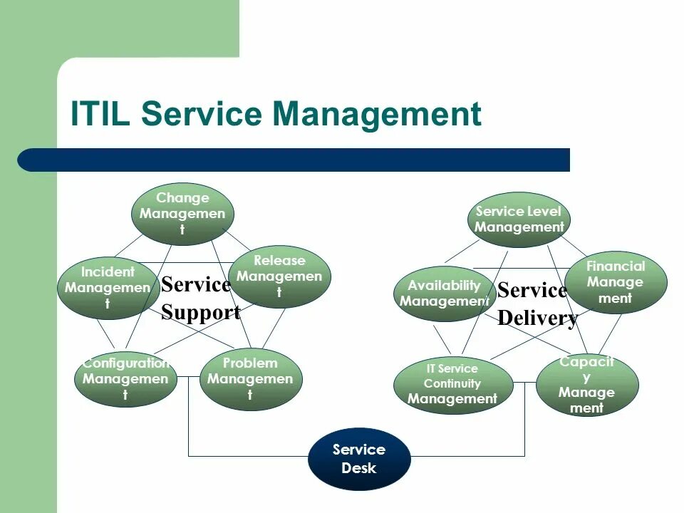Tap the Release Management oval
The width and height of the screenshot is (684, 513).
279,276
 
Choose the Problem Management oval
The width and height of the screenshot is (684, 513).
250,378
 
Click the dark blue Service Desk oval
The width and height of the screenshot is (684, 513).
359,459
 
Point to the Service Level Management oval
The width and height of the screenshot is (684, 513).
519,219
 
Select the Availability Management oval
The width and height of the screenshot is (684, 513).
444,294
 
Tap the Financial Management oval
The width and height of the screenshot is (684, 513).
616,282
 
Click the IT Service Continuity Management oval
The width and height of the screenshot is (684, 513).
452,385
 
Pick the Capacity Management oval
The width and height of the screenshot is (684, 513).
586,385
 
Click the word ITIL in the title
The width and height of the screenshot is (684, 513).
100,114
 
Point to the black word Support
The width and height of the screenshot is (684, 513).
200,312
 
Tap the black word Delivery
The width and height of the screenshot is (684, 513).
537,318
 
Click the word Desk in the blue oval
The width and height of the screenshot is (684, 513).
359,468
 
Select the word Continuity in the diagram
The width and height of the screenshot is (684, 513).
452,384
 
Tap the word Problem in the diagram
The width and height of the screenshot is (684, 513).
250,363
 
